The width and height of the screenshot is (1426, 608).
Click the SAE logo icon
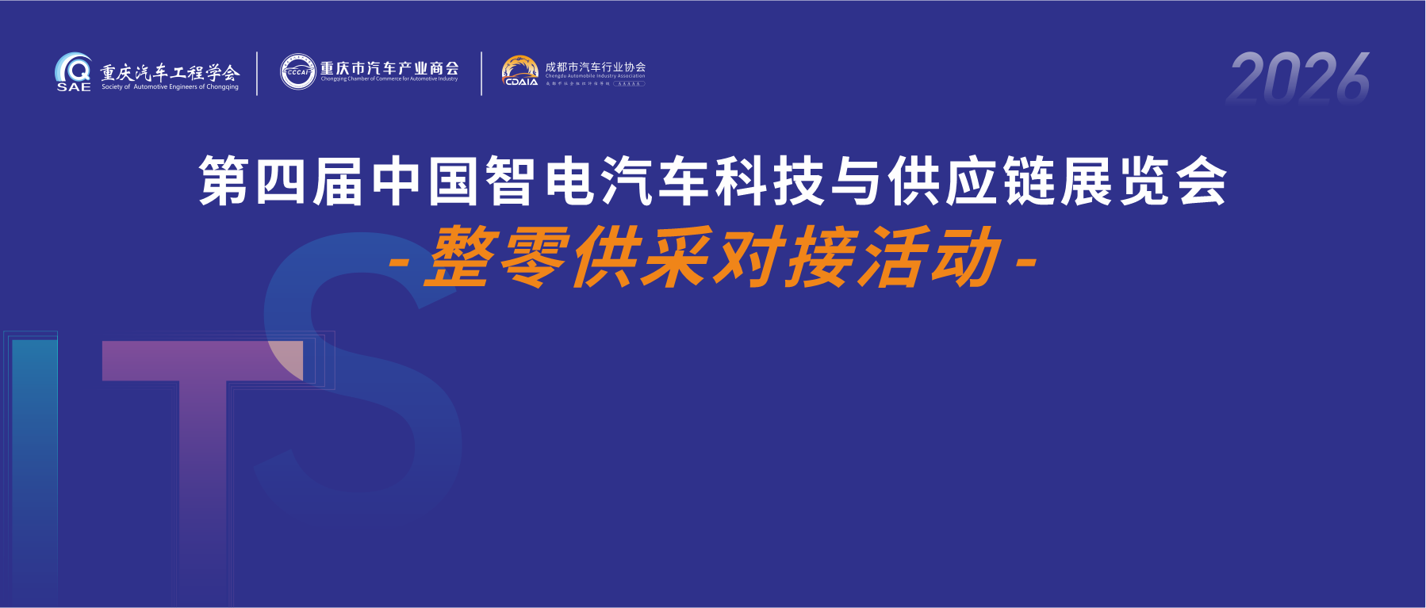click(73, 71)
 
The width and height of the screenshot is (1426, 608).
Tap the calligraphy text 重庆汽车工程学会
click(170, 72)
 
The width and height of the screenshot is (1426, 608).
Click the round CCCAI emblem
click(298, 72)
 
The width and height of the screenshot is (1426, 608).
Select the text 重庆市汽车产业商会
click(389, 69)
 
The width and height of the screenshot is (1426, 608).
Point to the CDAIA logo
click(520, 71)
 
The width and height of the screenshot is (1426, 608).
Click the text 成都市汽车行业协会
click(596, 67)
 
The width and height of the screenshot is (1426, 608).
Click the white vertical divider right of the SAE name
click(257, 74)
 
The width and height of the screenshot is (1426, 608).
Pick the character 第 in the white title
click(224, 182)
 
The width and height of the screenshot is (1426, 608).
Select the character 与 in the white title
click(857, 182)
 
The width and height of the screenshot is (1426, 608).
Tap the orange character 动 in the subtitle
click(966, 257)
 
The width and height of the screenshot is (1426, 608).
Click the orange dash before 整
click(400, 262)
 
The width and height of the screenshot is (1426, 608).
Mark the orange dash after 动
click(1026, 262)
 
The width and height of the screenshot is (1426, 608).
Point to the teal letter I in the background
click(35, 468)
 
